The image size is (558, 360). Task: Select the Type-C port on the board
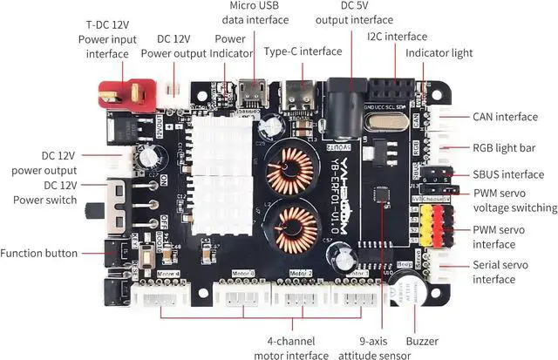point(301,98)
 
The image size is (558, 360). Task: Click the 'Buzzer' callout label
point(422,341)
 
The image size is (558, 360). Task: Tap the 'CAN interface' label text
point(506,116)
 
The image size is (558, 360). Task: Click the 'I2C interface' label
point(398,37)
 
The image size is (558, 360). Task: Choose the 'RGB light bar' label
point(504,147)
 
